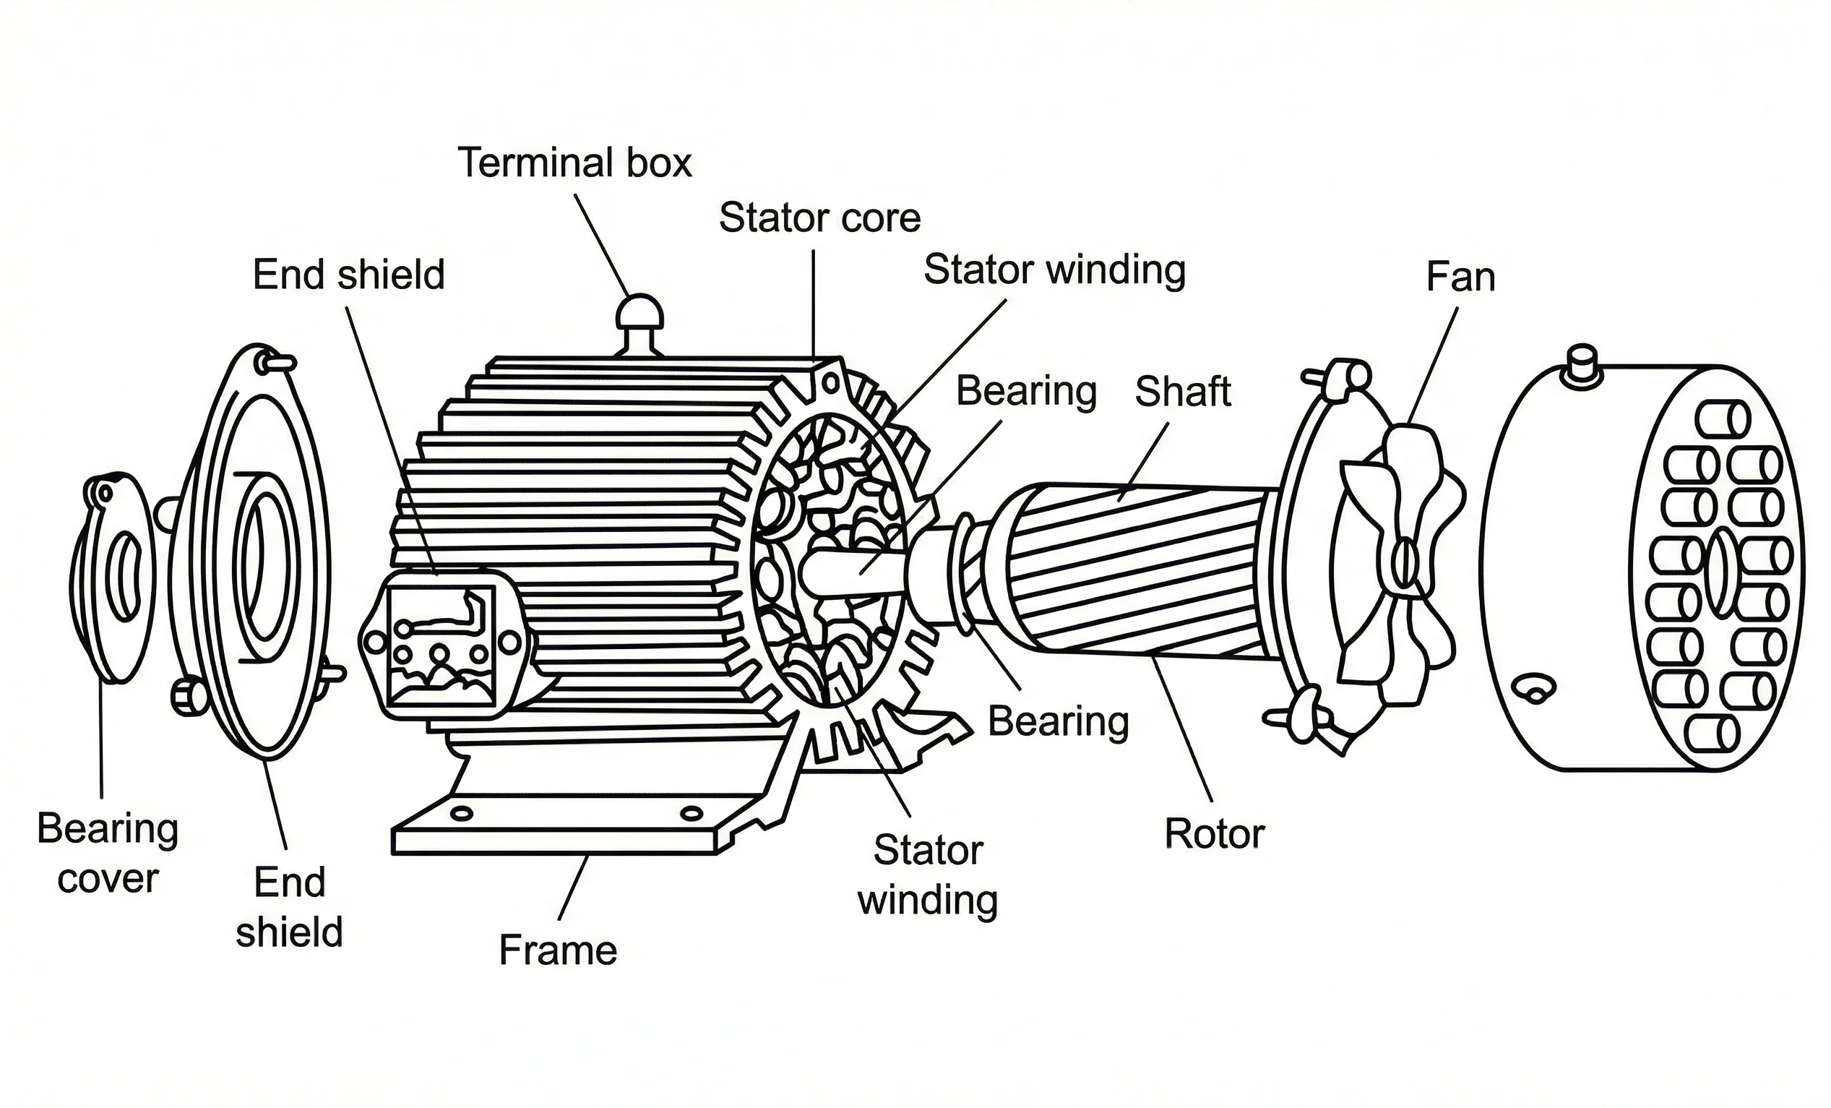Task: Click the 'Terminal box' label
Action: pos(574,163)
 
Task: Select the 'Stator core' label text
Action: pos(819,218)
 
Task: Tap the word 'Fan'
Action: pos(1460,278)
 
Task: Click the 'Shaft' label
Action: pos(1183,392)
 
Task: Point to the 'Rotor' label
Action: pos(1214,834)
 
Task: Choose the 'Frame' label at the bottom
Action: pos(557,950)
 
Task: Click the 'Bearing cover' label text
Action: pos(108,853)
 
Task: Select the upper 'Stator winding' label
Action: pos(1054,270)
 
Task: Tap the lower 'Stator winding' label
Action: pos(927,875)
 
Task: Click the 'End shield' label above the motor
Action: pos(348,275)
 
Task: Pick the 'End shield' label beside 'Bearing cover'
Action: pos(289,907)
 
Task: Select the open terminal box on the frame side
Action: pos(442,643)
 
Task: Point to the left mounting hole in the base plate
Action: pos(462,814)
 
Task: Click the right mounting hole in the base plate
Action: pos(691,812)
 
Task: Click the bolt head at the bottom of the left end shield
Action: pos(189,695)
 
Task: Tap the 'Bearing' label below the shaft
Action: pos(1058,721)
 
